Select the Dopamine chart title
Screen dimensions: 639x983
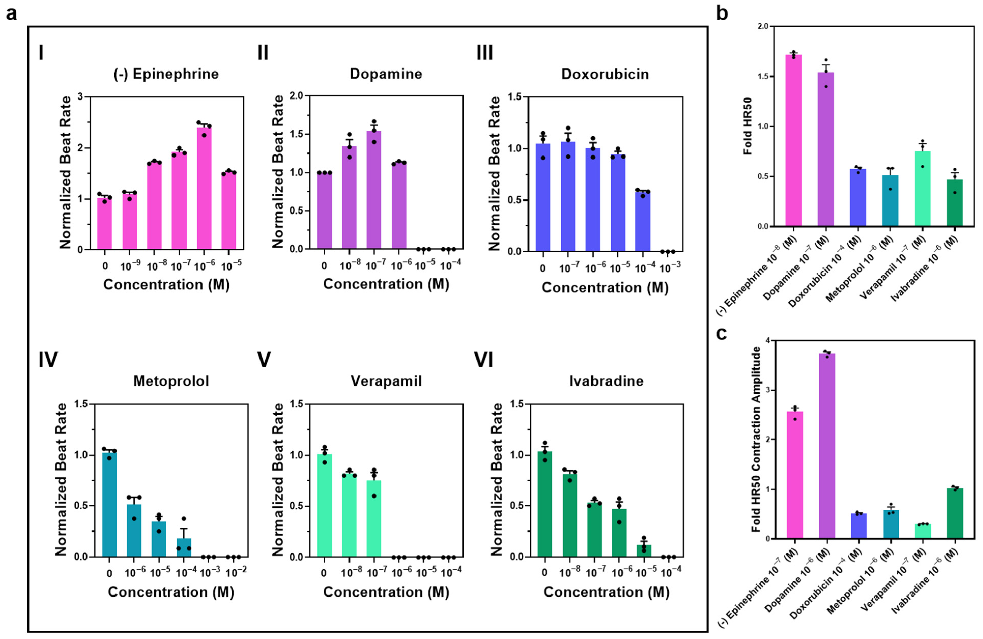386,74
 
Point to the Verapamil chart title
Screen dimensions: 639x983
386,381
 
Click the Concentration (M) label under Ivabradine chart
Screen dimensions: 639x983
606,592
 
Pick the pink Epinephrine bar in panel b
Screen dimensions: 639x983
793,140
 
